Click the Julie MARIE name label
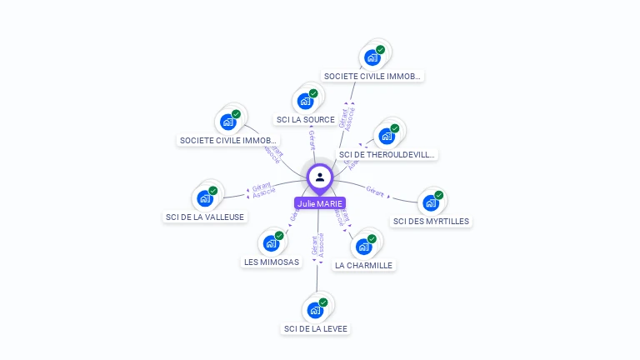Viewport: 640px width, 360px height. pos(320,203)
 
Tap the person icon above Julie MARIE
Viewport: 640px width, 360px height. pos(320,177)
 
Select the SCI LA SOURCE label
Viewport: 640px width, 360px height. pos(306,119)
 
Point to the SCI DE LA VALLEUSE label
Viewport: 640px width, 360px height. pos(205,217)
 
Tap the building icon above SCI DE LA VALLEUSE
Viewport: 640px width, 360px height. pos(205,198)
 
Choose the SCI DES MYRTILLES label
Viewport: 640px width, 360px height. pos(431,222)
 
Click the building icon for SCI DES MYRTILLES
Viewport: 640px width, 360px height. pos(431,202)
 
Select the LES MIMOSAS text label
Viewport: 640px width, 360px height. pos(271,262)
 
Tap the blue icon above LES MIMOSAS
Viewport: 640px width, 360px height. pos(271,243)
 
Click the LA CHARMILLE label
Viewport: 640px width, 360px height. pos(363,265)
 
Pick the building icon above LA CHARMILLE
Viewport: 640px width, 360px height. pos(363,247)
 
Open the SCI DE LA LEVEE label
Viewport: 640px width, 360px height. pos(316,328)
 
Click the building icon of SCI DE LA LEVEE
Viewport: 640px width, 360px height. pos(315,310)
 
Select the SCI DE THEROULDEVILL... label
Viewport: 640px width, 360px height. pos(387,154)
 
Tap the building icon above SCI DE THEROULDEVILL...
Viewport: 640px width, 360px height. pos(387,136)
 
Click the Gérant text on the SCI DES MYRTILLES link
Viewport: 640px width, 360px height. pos(375,191)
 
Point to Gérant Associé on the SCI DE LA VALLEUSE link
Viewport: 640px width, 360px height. pos(263,191)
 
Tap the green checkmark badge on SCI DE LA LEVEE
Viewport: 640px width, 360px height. pos(323,302)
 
